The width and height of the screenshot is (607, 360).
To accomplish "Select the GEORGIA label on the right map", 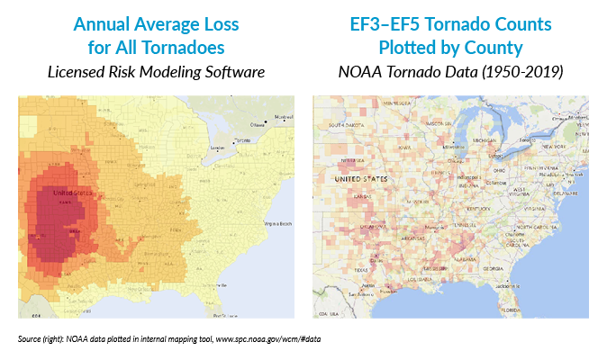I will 491,268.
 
